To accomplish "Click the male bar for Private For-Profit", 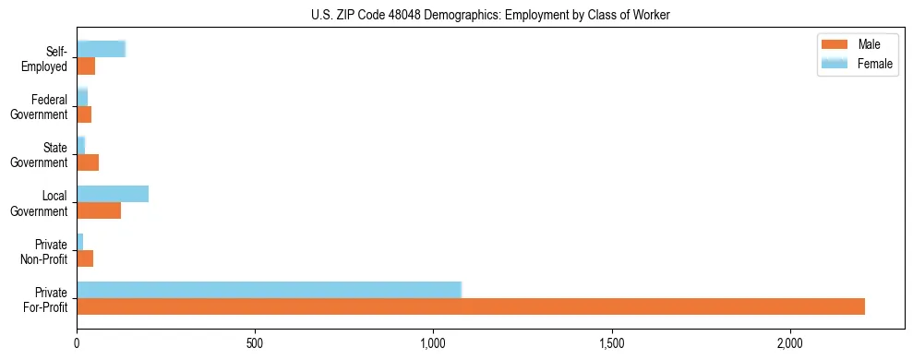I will coord(471,306).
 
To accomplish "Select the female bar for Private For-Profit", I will coord(269,290).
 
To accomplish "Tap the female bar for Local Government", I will coord(113,194).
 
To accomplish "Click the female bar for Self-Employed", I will coord(101,50).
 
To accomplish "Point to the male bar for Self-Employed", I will coord(86,66).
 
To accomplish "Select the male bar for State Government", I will coord(88,162).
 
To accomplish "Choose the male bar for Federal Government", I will coord(84,114).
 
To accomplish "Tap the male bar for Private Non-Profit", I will coord(85,258).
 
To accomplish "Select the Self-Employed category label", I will coord(46,58).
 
